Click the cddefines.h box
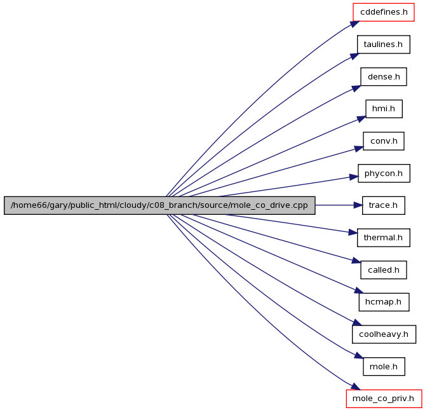point(384,12)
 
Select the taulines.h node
point(384,44)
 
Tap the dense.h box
point(384,77)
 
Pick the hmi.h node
point(384,109)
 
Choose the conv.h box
point(384,141)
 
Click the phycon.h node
point(384,174)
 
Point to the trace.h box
point(384,205)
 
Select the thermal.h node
point(384,238)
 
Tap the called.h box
point(384,270)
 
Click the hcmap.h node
point(384,302)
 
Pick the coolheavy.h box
point(384,334)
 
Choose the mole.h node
point(384,367)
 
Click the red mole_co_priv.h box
point(384,399)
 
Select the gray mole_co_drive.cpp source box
point(159,205)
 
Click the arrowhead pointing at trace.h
point(358,205)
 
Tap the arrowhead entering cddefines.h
point(354,24)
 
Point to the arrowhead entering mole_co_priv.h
point(355,387)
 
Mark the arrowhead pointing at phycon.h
point(354,177)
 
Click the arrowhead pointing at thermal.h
point(353,233)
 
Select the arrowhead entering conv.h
point(359,149)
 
